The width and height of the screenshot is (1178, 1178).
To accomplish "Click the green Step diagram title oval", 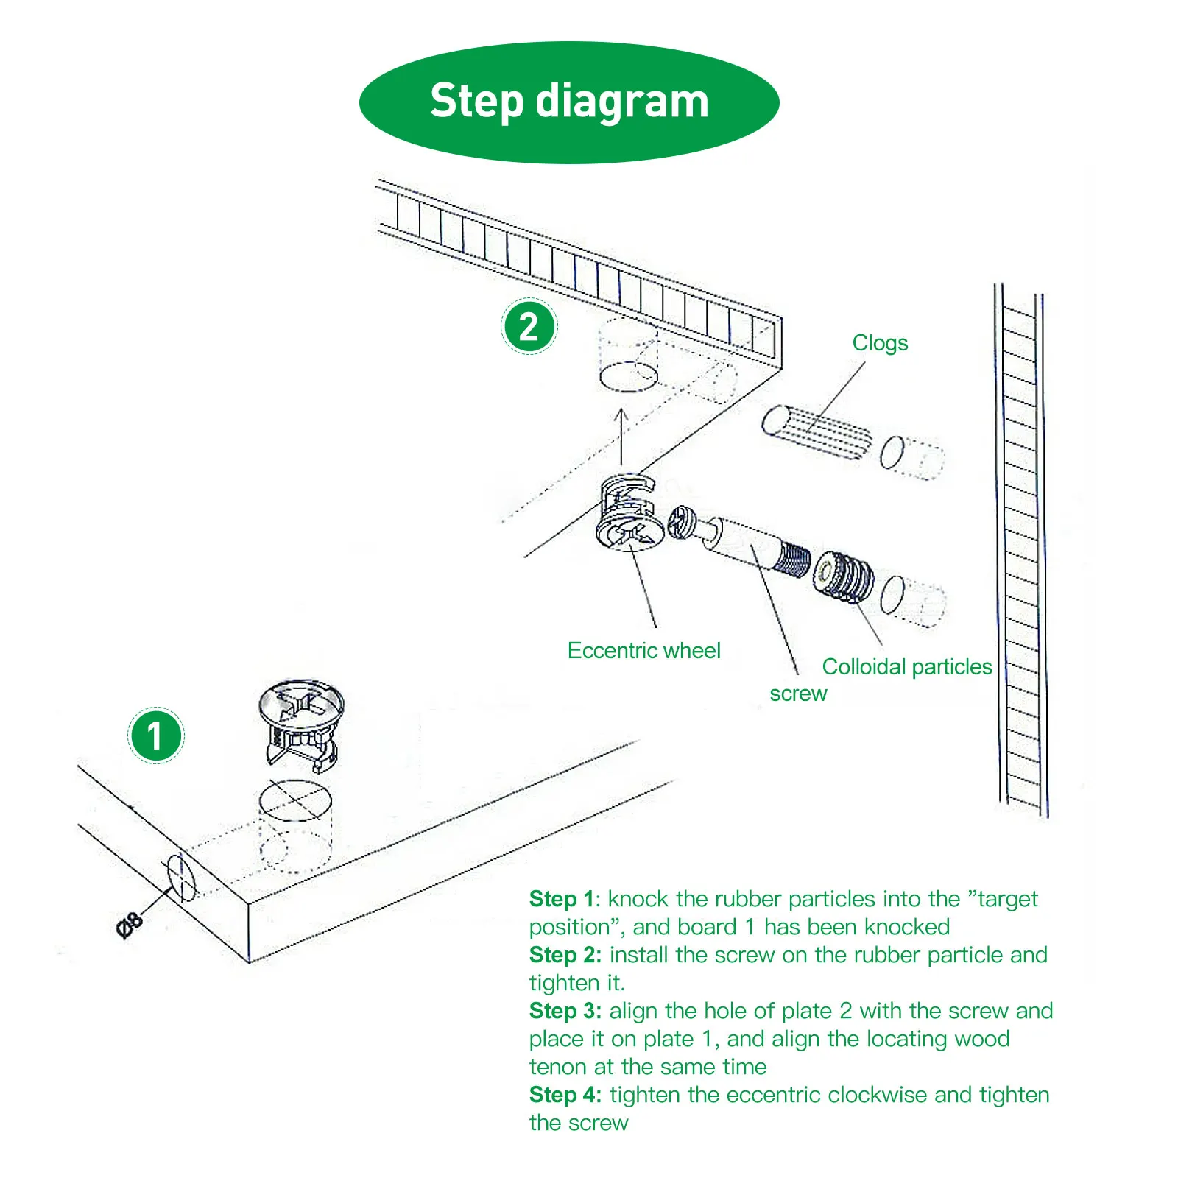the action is (x=569, y=102).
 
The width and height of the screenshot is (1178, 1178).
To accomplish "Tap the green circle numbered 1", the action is (x=155, y=735).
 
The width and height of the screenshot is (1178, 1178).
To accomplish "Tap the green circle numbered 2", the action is (x=529, y=326).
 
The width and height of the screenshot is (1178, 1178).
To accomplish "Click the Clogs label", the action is (x=880, y=343).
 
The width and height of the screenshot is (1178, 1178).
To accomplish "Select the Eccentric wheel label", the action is (x=643, y=651).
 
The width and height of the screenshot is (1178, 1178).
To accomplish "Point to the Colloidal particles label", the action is (x=906, y=667).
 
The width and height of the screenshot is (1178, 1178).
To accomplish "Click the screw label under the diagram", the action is (x=798, y=694).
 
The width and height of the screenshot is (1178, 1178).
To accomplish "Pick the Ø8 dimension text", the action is (x=130, y=925).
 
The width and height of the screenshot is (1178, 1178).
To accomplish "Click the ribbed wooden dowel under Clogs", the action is (x=817, y=432).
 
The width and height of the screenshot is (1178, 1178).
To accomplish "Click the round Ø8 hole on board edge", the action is (x=182, y=877).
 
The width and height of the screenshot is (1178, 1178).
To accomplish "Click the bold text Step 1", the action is (x=561, y=899).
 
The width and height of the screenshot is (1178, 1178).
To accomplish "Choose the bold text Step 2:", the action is (x=565, y=955).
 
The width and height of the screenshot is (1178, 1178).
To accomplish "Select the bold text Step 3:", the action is (x=565, y=1011).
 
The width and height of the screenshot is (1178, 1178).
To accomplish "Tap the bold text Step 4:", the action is (x=565, y=1095).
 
